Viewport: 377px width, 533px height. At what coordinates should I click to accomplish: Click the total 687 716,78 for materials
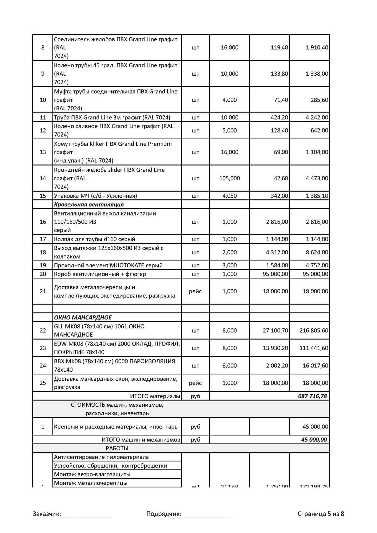pyautogui.click(x=312, y=396)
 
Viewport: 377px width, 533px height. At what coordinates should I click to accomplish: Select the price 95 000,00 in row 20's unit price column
pyautogui.click(x=275, y=274)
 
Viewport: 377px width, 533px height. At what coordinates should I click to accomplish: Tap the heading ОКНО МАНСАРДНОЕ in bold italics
pyautogui.click(x=83, y=317)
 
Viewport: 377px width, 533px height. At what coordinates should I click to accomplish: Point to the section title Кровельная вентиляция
pyautogui.click(x=89, y=204)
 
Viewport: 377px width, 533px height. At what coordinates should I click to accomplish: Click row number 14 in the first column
pyautogui.click(x=43, y=178)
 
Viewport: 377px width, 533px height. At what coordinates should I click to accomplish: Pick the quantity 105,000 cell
pyautogui.click(x=229, y=178)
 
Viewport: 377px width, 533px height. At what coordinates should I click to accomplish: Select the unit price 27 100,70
pyautogui.click(x=275, y=330)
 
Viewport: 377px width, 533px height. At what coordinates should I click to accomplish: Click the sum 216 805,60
pyautogui.click(x=314, y=330)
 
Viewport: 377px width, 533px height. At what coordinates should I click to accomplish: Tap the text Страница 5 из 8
pyautogui.click(x=320, y=514)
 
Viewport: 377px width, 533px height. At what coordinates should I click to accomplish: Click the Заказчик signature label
pyautogui.click(x=47, y=514)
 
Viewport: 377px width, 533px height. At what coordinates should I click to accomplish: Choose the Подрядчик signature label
pyautogui.click(x=164, y=514)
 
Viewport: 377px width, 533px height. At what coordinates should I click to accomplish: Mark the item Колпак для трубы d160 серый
pyautogui.click(x=94, y=239)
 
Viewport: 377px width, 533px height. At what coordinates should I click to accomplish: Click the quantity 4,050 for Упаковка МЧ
pyautogui.click(x=229, y=196)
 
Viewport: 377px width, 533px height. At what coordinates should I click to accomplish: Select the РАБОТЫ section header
pyautogui.click(x=117, y=448)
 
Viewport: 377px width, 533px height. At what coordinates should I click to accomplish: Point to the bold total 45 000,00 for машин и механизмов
pyautogui.click(x=314, y=440)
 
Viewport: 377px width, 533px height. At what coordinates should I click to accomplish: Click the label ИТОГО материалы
pyautogui.click(x=155, y=396)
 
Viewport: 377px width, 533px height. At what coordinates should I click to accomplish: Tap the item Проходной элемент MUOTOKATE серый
pyautogui.click(x=108, y=265)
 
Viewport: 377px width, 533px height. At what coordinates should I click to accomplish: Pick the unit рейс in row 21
pyautogui.click(x=195, y=291)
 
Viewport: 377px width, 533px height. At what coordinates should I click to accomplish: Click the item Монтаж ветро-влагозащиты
pyautogui.click(x=92, y=474)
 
